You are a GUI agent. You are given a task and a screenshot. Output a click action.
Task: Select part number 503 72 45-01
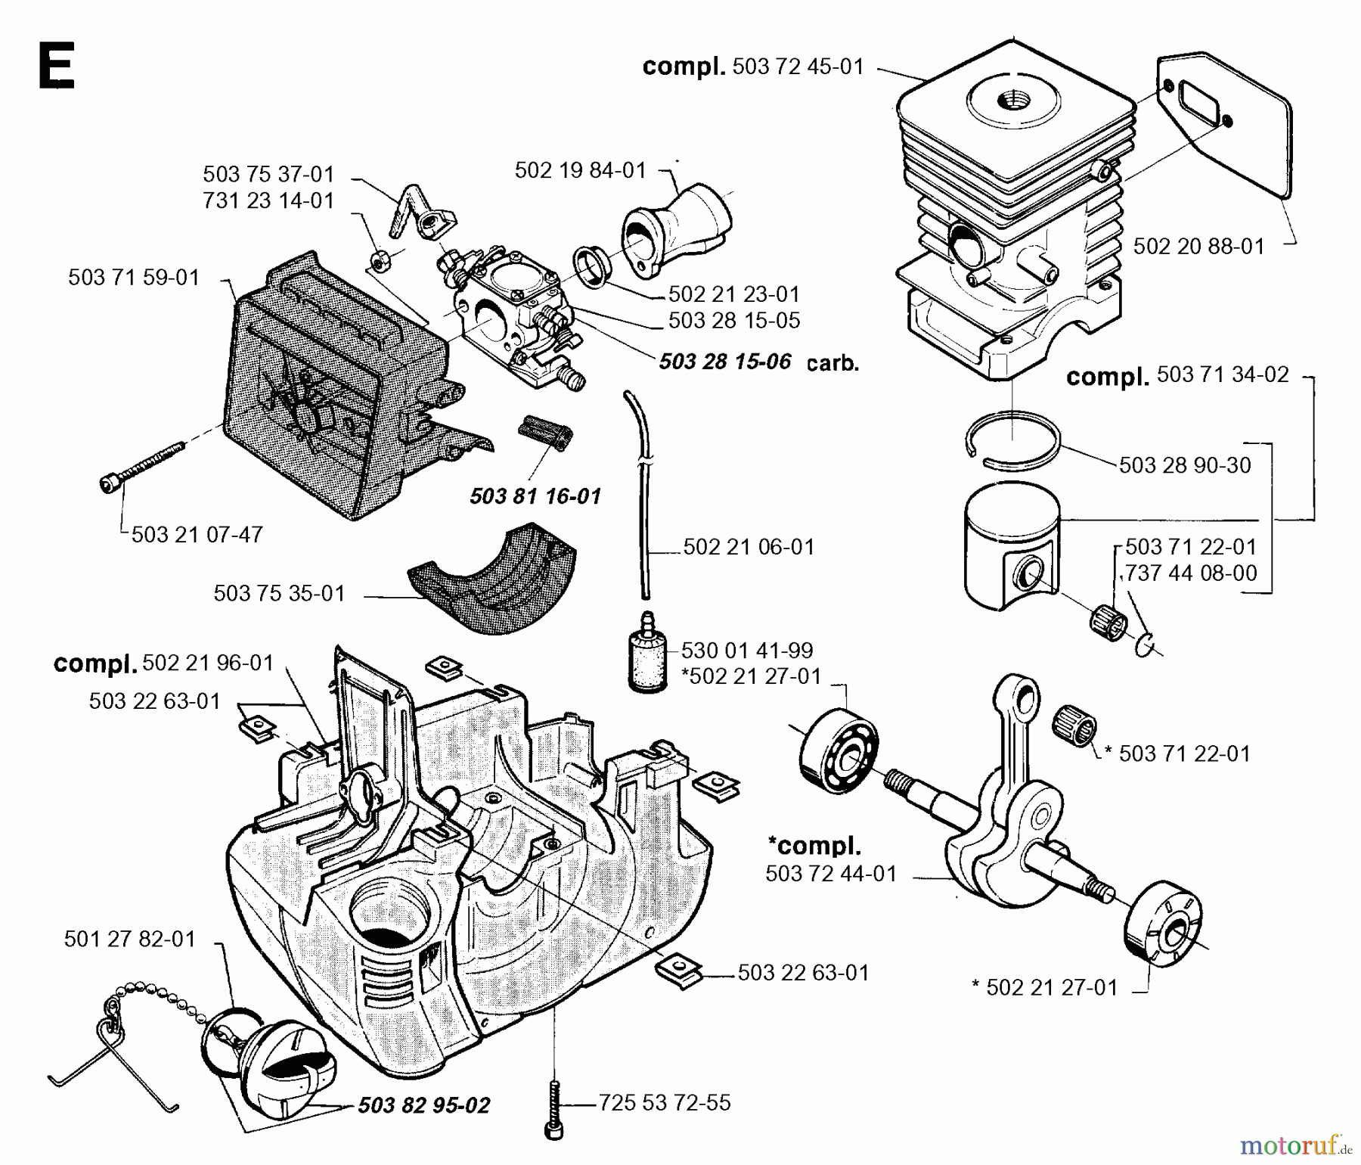click(x=798, y=67)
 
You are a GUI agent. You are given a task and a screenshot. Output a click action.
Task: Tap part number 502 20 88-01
click(x=1198, y=246)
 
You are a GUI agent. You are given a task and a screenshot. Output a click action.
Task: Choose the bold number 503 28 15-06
click(x=724, y=362)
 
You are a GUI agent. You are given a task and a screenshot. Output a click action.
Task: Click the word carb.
click(x=832, y=363)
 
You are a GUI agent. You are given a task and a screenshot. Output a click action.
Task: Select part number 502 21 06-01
click(x=749, y=547)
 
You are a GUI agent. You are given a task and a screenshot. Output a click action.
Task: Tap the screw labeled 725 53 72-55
click(x=554, y=1104)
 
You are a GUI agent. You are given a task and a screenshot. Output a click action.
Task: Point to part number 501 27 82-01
click(x=130, y=939)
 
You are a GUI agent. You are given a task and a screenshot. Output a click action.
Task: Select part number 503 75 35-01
click(x=279, y=593)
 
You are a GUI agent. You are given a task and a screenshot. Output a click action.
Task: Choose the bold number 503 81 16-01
click(x=535, y=496)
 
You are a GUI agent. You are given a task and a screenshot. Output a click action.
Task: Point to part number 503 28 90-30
click(x=1185, y=464)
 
